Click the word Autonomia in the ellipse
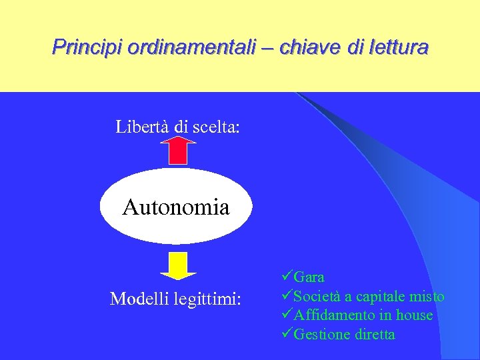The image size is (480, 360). pos(176,207)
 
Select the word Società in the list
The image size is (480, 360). pos(317,296)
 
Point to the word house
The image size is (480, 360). pos(414,315)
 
